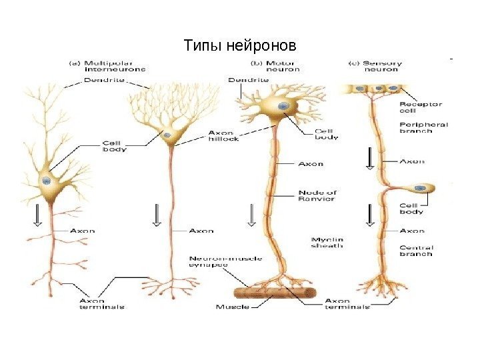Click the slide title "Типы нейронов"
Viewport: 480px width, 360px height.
tap(239, 47)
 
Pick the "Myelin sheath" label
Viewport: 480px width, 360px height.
tap(327, 242)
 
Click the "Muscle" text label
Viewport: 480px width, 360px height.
tap(232, 307)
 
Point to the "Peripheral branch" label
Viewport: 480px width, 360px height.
tap(423, 127)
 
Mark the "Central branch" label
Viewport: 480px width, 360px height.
tap(416, 250)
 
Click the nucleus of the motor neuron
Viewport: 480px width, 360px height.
tap(283, 106)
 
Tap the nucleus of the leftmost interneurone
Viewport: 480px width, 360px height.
tap(46, 181)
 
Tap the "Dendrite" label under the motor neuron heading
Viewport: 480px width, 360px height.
tap(249, 80)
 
